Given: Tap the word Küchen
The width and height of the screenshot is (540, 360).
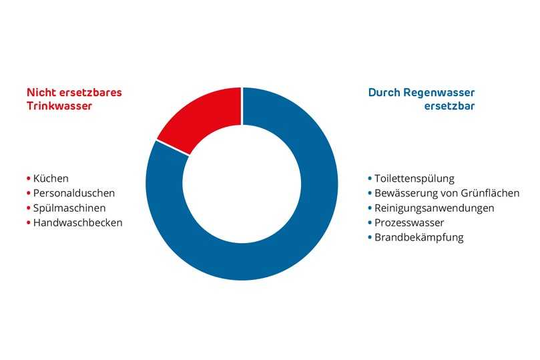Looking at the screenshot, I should (51, 178).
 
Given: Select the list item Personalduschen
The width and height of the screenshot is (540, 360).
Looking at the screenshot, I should (74, 193).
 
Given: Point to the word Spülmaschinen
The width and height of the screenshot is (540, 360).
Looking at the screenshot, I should (69, 208).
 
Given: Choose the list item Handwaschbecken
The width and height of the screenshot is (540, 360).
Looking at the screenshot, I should (77, 222).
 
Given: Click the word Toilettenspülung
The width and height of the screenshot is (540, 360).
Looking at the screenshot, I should (414, 178).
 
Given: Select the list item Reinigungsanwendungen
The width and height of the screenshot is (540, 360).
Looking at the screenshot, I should (434, 208).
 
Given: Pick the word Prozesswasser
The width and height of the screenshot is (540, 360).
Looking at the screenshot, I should (409, 222).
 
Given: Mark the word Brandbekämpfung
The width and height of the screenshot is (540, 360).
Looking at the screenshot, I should (419, 237).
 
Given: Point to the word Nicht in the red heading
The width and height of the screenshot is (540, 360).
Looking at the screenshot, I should (39, 92).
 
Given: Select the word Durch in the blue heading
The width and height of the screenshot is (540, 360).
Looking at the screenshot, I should (384, 92).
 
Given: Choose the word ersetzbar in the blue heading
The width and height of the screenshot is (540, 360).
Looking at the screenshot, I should (450, 106).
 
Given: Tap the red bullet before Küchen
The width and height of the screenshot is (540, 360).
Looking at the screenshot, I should (28, 179).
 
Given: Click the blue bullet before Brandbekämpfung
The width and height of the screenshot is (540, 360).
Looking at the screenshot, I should (369, 238).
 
